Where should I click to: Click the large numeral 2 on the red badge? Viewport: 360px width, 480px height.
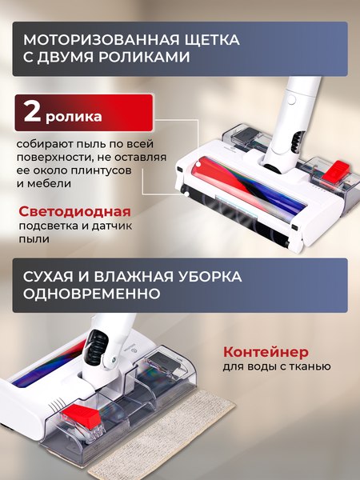pos(33,113)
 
